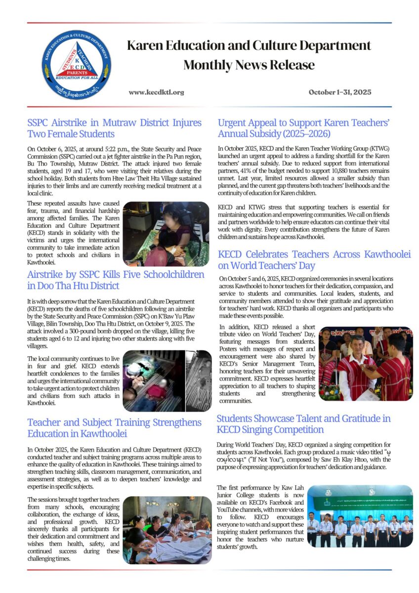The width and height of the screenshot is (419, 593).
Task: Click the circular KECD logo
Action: tap(76, 64)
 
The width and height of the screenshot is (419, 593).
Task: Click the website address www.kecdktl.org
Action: tap(156, 92)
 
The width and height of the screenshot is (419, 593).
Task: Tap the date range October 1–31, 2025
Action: tap(339, 92)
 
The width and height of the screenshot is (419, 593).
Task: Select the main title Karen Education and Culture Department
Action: tap(249, 46)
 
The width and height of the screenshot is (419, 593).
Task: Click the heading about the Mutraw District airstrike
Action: tap(114, 128)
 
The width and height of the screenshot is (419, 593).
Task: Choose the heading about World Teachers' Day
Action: tap(314, 259)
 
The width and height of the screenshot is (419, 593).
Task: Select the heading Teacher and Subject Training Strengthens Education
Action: tap(114, 427)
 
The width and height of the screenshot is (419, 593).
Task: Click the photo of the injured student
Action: tap(166, 233)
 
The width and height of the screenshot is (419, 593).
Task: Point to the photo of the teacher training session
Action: tap(167, 530)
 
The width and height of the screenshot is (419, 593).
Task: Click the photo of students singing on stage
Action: tap(359, 516)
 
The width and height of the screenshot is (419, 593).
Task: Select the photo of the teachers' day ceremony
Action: tap(365, 363)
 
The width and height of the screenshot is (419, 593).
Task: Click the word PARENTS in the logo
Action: tap(76, 73)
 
